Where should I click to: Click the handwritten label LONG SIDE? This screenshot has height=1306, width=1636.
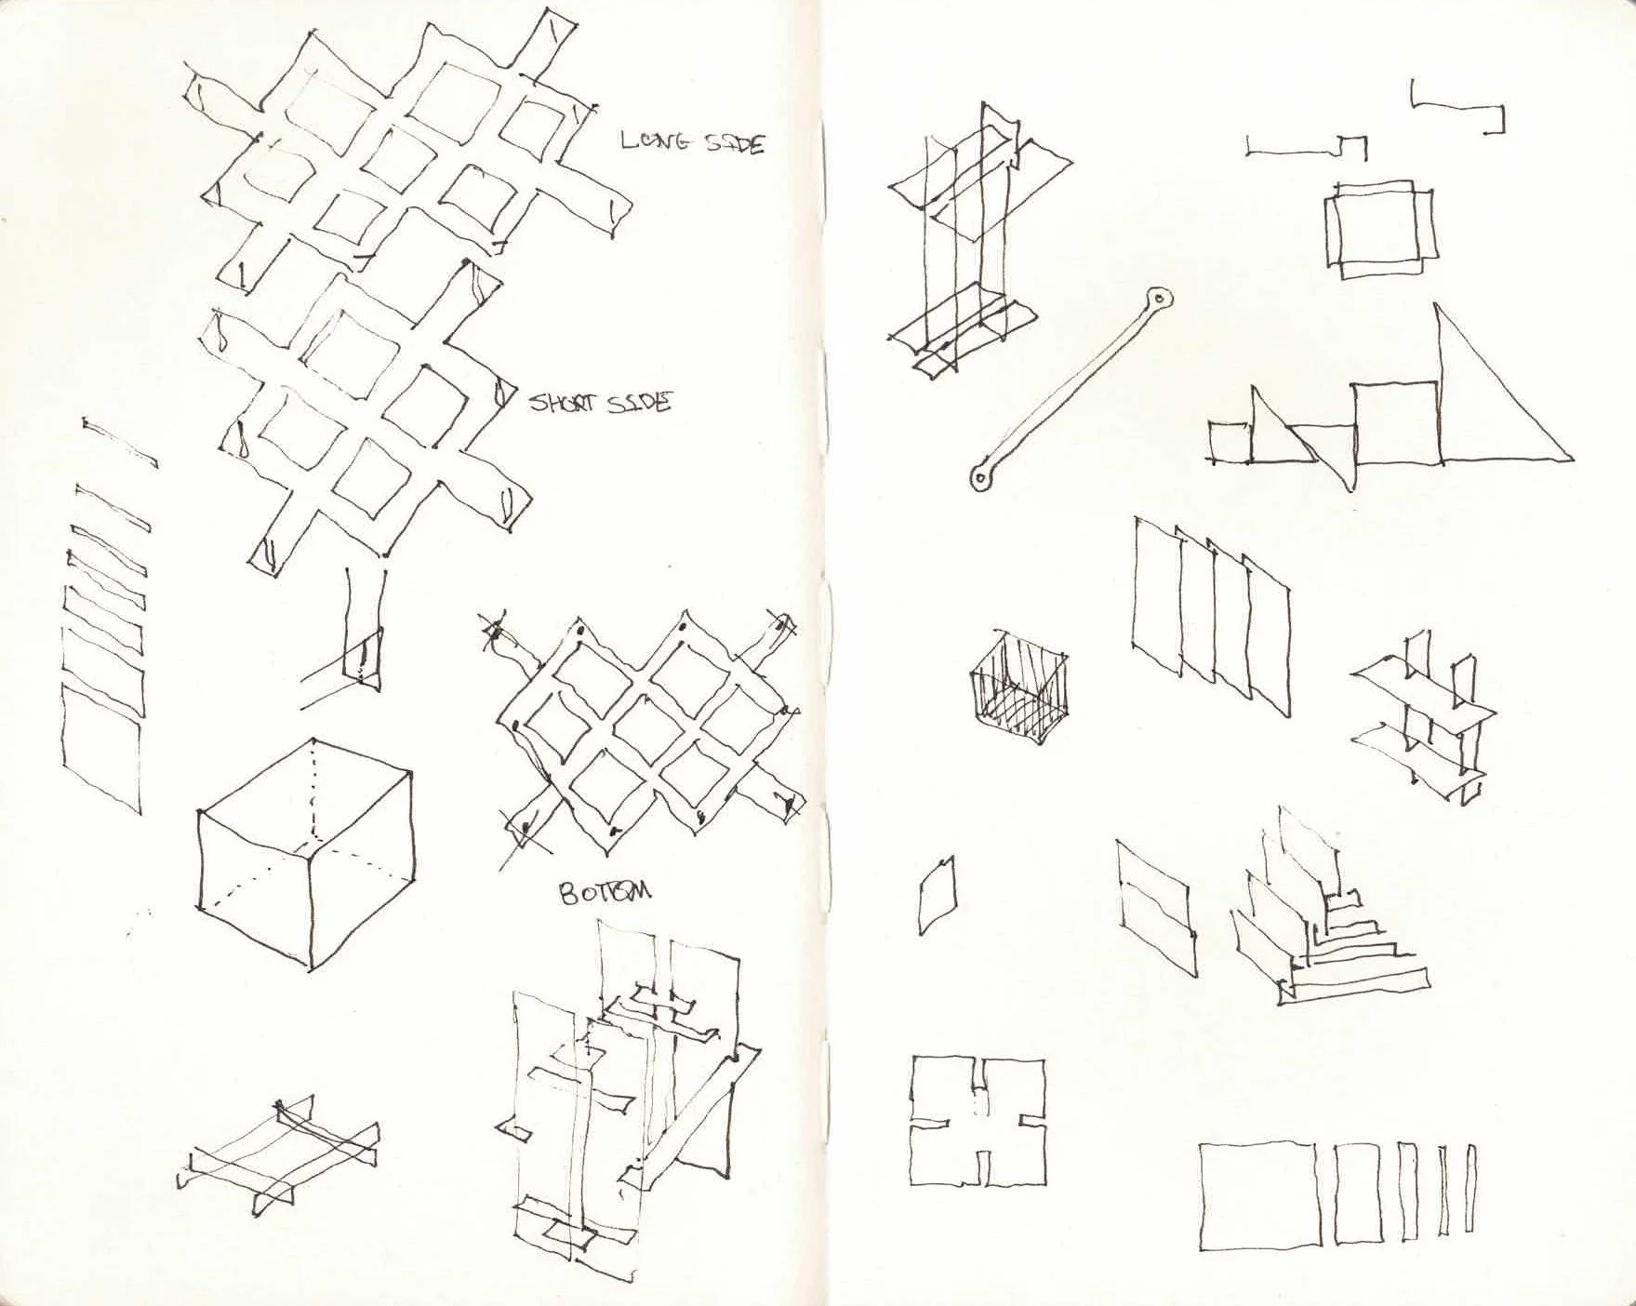click(692, 142)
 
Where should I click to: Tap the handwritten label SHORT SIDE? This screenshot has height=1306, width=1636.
click(600, 403)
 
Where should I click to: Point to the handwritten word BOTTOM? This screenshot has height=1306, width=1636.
click(605, 892)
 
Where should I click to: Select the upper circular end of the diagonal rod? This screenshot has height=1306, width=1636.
click(1159, 299)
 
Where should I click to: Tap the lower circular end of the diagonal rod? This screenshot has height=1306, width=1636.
click(982, 476)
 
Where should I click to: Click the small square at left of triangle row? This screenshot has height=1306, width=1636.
click(1230, 441)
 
